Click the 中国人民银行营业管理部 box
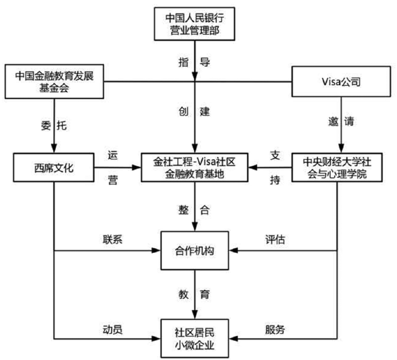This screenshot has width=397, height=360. [x=194, y=24]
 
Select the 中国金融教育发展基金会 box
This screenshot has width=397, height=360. [x=54, y=82]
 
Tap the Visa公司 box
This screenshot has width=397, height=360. [x=341, y=82]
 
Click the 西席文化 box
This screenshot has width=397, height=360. [x=54, y=168]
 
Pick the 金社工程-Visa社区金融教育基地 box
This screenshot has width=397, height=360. [x=194, y=168]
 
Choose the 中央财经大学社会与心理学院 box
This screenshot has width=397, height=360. [x=337, y=168]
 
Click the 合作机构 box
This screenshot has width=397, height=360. [x=195, y=250]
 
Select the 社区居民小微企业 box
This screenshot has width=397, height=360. [x=195, y=338]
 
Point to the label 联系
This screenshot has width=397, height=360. [x=112, y=239]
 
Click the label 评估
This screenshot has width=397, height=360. [x=275, y=239]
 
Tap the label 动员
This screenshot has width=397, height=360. [x=112, y=329]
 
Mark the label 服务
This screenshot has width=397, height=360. [x=275, y=329]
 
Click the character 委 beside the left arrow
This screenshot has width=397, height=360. [x=46, y=126]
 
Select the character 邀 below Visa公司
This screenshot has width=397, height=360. [x=333, y=121]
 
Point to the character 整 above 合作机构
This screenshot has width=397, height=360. [x=184, y=210]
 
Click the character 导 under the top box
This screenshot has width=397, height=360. [x=205, y=62]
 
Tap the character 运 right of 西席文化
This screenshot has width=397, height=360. [x=113, y=155]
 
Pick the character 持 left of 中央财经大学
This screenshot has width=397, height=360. [x=275, y=180]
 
